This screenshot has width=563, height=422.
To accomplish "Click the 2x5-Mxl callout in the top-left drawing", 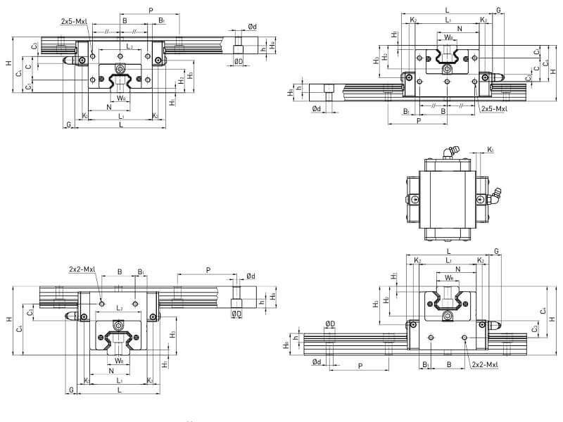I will point(74,22).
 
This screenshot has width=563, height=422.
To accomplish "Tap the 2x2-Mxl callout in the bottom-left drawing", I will point(83,269).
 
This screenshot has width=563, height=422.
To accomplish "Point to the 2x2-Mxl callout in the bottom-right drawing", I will point(486,364).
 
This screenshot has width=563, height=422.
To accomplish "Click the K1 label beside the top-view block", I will point(491,150).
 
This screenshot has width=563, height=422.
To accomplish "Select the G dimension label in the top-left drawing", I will point(68,124).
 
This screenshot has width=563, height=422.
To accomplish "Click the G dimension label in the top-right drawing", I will point(498,11).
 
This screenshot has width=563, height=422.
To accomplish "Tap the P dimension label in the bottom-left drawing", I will point(208,269).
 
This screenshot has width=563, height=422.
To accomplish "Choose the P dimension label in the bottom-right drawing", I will point(360,366).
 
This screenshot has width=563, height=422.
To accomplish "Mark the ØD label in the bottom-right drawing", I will point(329,324).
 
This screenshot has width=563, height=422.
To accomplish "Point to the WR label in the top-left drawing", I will point(122,98).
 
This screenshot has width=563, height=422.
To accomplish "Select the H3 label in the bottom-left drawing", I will point(172,333).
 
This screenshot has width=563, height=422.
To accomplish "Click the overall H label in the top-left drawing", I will point(8,64).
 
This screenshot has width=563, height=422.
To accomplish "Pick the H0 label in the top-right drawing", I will point(290,92).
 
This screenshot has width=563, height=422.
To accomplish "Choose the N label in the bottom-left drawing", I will point(111,371).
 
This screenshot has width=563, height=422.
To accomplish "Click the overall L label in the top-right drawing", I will point(448,11).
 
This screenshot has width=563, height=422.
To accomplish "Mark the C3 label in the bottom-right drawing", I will point(535,328).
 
